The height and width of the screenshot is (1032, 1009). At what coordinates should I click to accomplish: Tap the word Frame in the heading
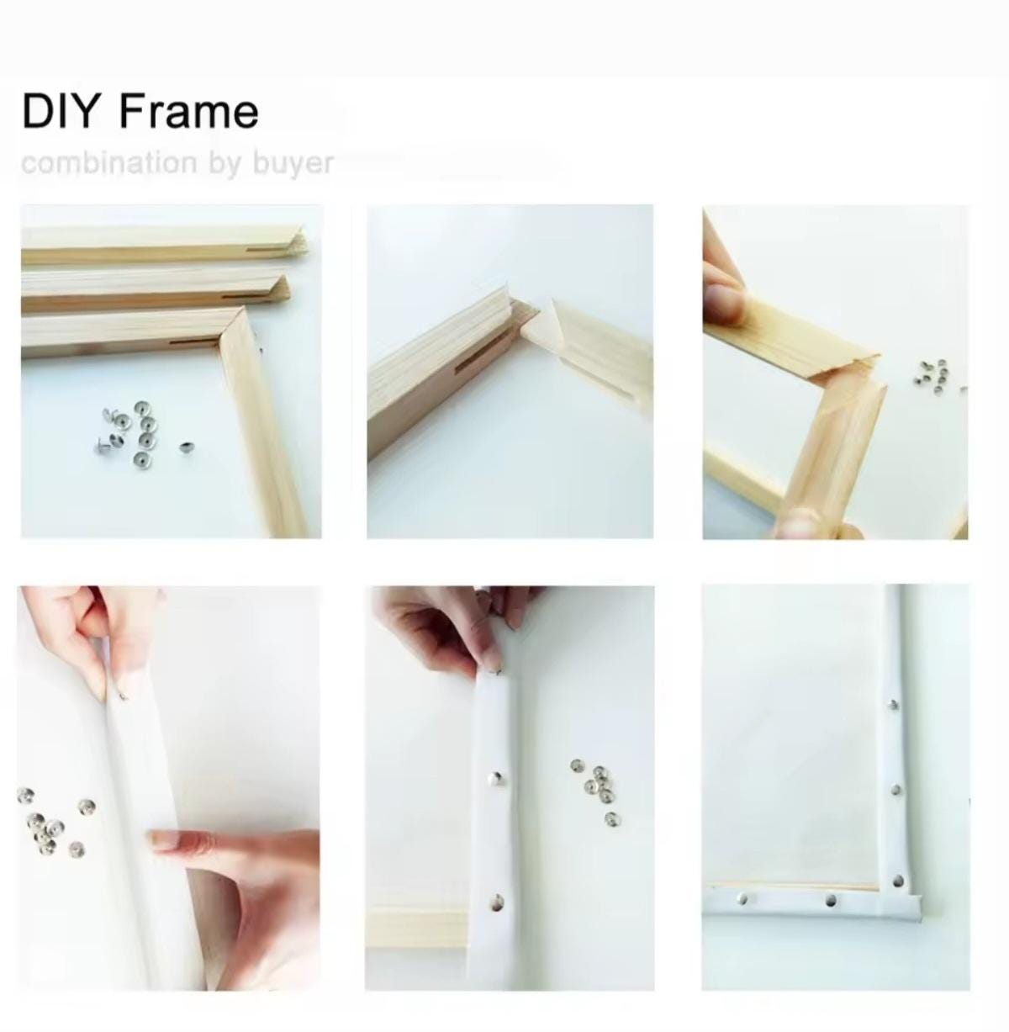coord(188,112)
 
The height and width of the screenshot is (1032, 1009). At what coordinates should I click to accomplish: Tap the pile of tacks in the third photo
coord(932,373)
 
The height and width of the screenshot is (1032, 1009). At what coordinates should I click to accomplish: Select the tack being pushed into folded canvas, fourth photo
coord(124,695)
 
